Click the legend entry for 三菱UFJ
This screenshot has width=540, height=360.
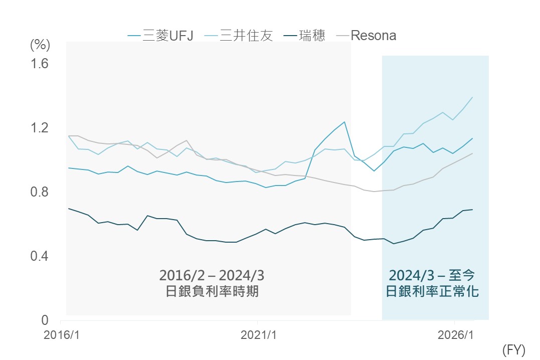[x=160, y=36]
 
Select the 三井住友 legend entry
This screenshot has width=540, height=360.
[x=239, y=36]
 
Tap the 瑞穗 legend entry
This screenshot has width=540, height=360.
[x=304, y=36]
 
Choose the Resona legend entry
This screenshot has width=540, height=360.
[x=366, y=36]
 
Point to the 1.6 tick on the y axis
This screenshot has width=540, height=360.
[x=39, y=64]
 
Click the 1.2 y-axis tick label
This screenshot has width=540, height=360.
[x=39, y=128]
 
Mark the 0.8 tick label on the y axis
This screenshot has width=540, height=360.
[x=39, y=192]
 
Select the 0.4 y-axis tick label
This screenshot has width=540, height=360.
[x=39, y=256]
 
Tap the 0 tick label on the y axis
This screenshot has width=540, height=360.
[x=45, y=320]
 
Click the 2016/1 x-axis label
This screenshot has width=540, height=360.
[x=62, y=335]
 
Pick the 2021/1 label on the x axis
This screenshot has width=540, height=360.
[x=259, y=335]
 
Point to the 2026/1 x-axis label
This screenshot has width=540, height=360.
[x=456, y=335]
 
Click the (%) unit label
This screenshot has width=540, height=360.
[x=40, y=45]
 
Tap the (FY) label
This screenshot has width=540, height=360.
[x=514, y=350]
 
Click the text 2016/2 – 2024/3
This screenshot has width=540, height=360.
[x=212, y=275]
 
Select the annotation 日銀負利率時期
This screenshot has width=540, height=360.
[x=212, y=291]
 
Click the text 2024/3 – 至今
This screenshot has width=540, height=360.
[x=432, y=275]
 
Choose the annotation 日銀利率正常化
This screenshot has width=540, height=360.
[x=432, y=291]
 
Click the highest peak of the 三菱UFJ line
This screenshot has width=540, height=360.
[x=344, y=122]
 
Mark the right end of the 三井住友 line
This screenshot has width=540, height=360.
[x=472, y=97]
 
